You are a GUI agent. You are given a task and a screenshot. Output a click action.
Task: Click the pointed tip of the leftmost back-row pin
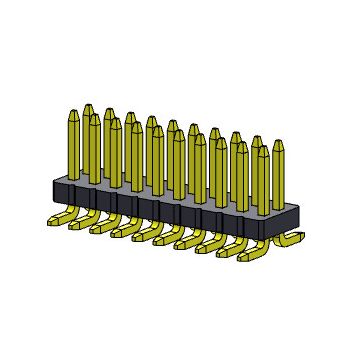point(88,108)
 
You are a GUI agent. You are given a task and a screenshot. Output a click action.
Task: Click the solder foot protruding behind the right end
point(291,238)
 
